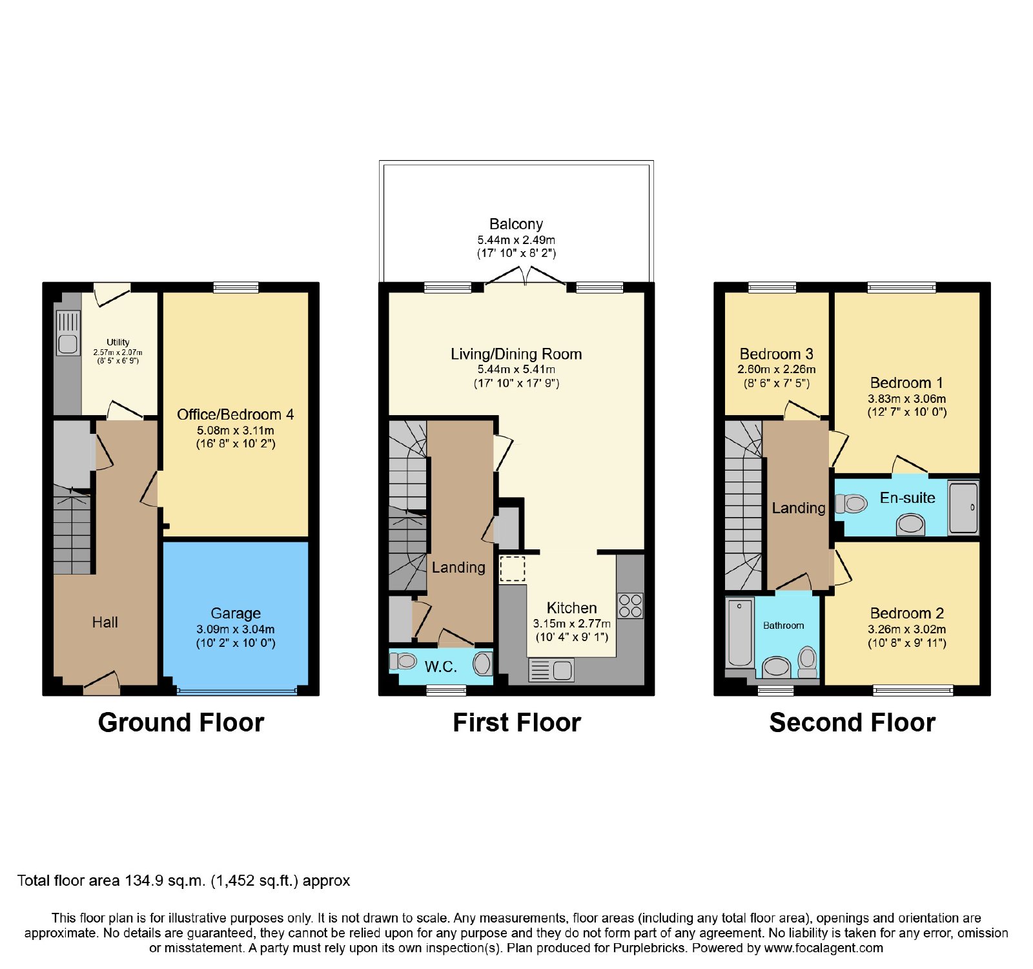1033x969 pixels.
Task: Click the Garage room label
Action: tap(236, 613)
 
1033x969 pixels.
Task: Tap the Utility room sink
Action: tap(68, 333)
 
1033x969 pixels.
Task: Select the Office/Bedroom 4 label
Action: tap(236, 414)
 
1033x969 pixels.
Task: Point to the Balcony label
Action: tap(516, 224)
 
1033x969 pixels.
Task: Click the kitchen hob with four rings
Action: tap(631, 606)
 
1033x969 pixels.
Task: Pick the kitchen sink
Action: tap(551, 670)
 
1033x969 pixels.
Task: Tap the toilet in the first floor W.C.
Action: tap(403, 661)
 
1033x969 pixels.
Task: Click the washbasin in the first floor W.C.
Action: tap(482, 664)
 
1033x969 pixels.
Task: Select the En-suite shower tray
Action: tap(963, 507)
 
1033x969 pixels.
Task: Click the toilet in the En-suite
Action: tap(851, 503)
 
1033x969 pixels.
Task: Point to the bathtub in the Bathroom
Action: tap(740, 632)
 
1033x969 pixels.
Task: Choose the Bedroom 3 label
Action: tap(777, 354)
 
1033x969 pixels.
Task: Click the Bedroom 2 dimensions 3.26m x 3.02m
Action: tap(906, 629)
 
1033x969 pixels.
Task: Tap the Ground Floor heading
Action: tap(181, 722)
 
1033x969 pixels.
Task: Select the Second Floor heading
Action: tap(852, 722)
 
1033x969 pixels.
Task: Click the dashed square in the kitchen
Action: tap(512, 569)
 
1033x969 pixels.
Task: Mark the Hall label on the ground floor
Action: tap(105, 622)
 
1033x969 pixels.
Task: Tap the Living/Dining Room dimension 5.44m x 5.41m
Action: tap(516, 369)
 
